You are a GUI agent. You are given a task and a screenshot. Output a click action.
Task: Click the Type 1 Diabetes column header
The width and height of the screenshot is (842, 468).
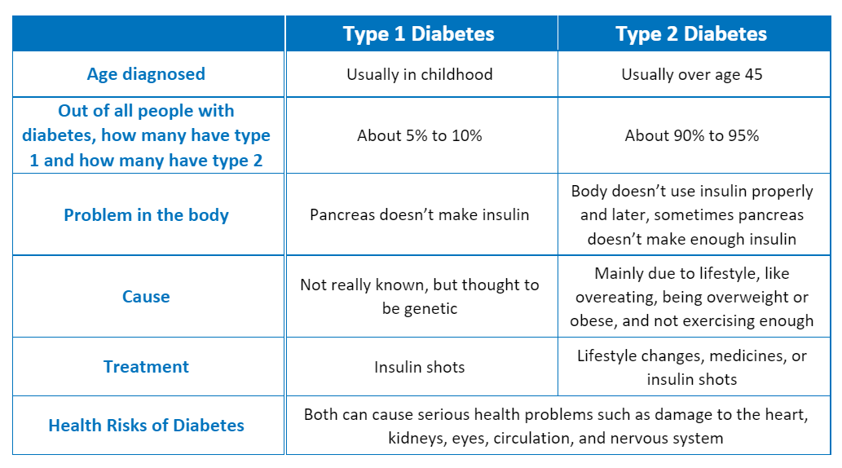coord(419,33)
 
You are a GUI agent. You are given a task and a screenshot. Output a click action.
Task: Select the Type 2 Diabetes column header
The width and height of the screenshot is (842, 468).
coord(691,33)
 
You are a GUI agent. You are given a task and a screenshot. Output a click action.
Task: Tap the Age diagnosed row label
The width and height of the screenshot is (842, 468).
coord(146,74)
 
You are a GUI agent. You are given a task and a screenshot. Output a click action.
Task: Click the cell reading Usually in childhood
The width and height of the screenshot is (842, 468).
coord(419,74)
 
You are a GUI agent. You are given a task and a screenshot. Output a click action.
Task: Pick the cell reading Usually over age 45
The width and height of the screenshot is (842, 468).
coord(691,74)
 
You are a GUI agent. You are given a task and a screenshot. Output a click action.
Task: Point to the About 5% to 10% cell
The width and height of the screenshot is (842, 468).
coord(419,135)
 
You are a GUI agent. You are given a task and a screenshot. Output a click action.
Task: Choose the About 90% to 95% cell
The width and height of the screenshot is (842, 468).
coord(691,135)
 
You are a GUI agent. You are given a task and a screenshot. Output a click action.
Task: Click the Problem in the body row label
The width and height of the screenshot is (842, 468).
coord(146,215)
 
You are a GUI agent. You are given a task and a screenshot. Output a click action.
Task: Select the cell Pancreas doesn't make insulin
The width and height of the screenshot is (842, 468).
coord(419,215)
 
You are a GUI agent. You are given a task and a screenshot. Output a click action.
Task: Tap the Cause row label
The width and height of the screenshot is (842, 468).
coord(146,297)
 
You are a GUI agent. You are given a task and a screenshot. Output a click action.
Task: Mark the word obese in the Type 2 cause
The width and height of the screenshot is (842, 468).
coord(592,320)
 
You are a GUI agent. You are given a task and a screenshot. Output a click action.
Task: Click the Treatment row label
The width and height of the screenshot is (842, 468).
coord(146,367)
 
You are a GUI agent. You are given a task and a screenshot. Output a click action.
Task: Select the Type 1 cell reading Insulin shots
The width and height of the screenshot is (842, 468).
coord(419,367)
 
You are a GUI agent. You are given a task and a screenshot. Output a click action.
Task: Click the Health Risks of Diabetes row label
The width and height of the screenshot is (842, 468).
coord(146,426)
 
